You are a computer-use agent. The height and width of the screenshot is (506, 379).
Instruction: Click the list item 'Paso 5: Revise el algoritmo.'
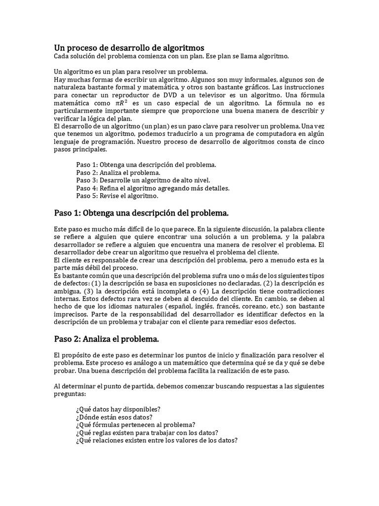click(x=117, y=196)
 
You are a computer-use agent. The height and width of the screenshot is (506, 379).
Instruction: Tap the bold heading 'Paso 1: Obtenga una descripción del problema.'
click(x=141, y=213)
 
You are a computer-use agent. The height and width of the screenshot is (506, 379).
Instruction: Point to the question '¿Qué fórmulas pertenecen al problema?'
click(x=135, y=424)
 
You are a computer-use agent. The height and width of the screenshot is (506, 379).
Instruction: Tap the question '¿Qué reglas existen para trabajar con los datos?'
click(x=148, y=432)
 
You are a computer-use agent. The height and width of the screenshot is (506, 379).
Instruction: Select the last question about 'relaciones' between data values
click(x=156, y=440)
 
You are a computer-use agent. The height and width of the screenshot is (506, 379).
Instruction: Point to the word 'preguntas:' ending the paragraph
click(x=69, y=395)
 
